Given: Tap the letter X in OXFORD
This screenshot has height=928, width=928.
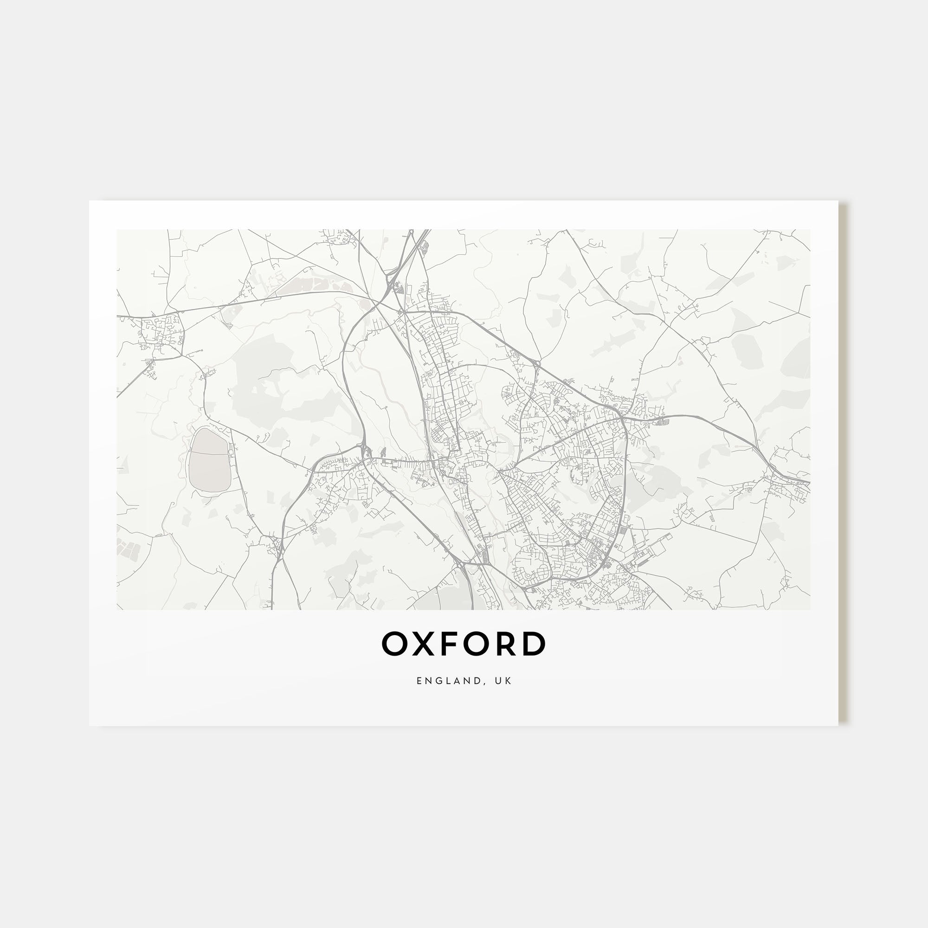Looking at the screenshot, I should click(x=421, y=644).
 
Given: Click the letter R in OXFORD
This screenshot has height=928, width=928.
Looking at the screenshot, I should click(x=503, y=644).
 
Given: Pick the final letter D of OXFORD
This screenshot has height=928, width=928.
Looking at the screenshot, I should click(x=533, y=644).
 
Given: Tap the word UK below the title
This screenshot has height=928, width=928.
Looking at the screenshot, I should click(x=506, y=681).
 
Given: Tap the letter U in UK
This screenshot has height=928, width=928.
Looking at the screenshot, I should click(x=501, y=681).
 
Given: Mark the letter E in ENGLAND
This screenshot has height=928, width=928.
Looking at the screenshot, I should click(x=419, y=681).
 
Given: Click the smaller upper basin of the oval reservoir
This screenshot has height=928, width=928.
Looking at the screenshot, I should click(x=207, y=441).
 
